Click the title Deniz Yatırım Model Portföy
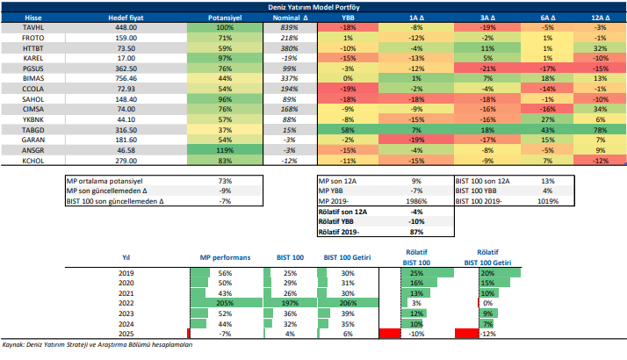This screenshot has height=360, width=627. pyautogui.click(x=314, y=6)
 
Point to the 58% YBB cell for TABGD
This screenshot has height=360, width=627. pyautogui.click(x=348, y=128)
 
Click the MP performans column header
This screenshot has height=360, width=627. pyautogui.click(x=226, y=257)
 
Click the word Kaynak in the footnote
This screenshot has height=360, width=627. pyautogui.click(x=14, y=345)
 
